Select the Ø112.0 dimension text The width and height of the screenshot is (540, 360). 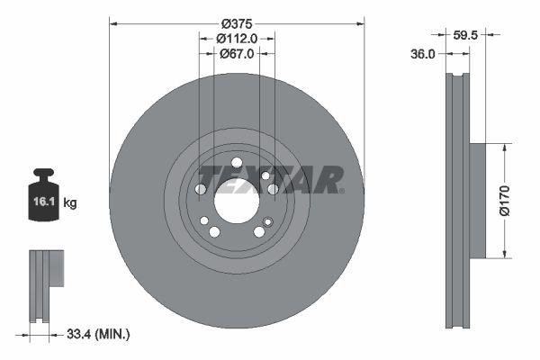237,39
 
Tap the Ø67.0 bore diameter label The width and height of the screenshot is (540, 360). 237,54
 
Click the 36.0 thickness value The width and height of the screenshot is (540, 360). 423,54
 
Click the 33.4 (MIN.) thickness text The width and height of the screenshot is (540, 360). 98,335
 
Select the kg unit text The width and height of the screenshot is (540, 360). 70,203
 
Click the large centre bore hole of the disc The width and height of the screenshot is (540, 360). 236,200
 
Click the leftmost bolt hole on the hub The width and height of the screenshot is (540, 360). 201,189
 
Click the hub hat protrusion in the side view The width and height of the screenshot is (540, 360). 477,200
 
